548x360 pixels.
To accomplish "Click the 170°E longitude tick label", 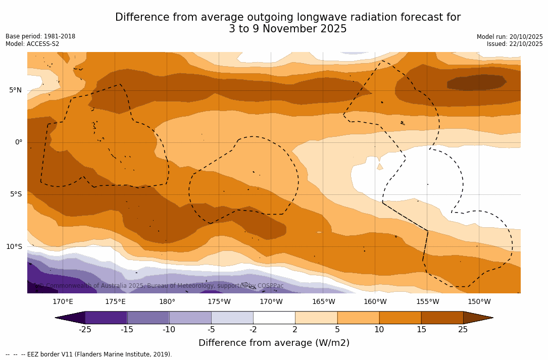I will (x=63, y=302).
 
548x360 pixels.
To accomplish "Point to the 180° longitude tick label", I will (x=167, y=302).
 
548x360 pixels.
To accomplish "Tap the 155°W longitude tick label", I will (x=427, y=302).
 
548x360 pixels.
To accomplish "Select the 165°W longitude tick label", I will (x=323, y=302).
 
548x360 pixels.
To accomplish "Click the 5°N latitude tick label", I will (x=15, y=90).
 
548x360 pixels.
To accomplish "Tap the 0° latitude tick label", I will (x=18, y=142).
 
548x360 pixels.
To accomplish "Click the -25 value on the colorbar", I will (x=85, y=330).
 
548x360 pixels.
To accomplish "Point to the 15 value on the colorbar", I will (x=421, y=330).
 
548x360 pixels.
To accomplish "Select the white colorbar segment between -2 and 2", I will (x=274, y=318).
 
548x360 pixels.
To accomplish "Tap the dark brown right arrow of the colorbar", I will (x=477, y=318).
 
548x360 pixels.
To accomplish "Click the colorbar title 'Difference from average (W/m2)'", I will (x=274, y=343).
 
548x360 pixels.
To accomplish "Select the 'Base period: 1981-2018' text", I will (x=40, y=36).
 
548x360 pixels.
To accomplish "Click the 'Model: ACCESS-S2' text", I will (x=32, y=44).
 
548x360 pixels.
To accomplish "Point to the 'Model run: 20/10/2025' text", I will (x=510, y=37).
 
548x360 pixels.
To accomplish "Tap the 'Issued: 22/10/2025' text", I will (x=515, y=44).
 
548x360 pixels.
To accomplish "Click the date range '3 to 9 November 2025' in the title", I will (x=287, y=29).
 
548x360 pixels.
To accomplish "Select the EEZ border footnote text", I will (x=89, y=354).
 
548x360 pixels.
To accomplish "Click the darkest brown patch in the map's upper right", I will (x=476, y=82).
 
